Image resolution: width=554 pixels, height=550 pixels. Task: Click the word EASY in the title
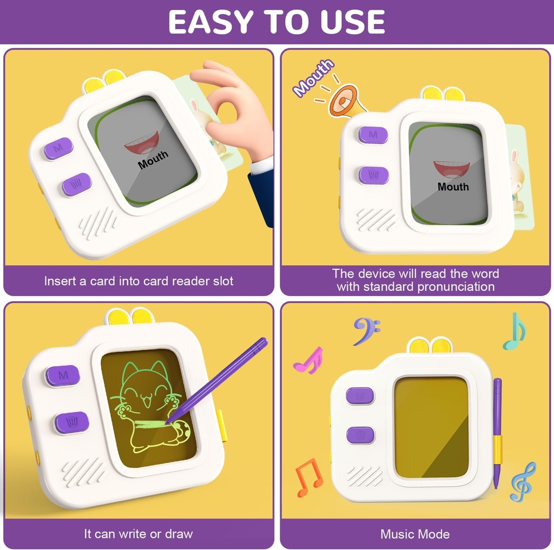209,22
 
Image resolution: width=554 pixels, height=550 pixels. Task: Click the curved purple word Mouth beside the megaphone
313,78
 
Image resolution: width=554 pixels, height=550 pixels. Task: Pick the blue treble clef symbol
523,481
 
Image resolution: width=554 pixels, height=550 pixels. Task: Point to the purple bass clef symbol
366,330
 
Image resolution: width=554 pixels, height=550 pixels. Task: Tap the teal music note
515,331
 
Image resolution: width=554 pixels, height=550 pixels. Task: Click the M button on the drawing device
63,375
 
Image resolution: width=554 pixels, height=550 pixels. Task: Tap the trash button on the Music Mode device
360,435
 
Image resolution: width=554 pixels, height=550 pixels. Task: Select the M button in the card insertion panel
58,148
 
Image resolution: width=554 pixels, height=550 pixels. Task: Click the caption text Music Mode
415,534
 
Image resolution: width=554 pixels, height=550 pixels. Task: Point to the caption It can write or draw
138,534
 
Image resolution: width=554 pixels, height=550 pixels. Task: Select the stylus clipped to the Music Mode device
497,433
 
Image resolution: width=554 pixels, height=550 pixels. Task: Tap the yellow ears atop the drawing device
129,316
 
